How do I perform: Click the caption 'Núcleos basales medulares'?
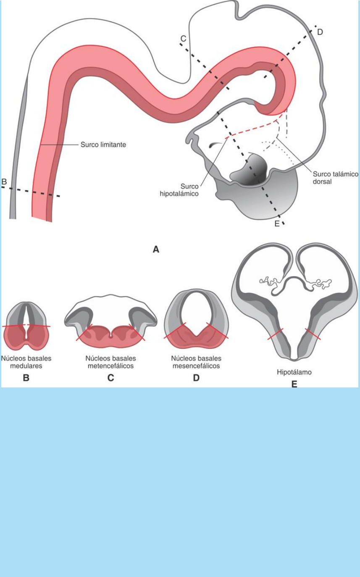click(26, 362)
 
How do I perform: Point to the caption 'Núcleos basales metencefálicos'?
click(110, 362)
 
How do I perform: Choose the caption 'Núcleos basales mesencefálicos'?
click(196, 362)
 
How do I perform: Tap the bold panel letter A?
click(156, 250)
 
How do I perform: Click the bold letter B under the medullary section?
click(26, 378)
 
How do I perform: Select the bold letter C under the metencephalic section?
click(110, 378)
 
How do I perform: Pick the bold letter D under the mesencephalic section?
click(196, 378)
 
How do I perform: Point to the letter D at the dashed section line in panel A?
click(320, 32)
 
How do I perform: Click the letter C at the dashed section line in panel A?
click(183, 39)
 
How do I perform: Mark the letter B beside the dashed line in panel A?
click(4, 182)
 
